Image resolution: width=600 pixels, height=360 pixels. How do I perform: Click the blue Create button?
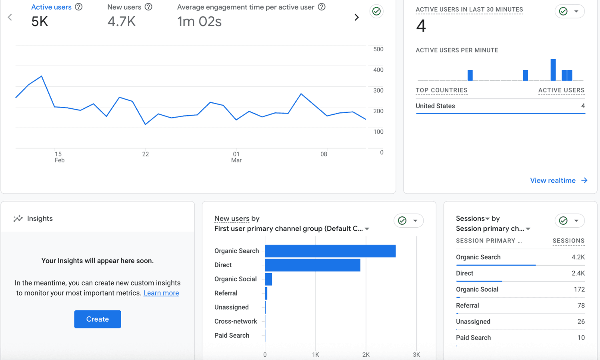(x=98, y=319)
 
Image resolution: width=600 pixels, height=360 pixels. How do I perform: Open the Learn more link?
(x=161, y=293)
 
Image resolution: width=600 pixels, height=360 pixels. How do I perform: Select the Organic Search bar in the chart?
(x=330, y=251)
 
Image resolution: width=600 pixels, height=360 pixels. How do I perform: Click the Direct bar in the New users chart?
(x=312, y=265)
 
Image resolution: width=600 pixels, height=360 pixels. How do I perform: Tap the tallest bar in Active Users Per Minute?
(x=553, y=70)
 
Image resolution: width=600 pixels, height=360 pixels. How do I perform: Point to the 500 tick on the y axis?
(x=378, y=49)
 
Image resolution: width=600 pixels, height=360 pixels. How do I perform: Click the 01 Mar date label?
(x=236, y=157)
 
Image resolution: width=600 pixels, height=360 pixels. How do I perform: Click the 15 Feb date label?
(x=59, y=157)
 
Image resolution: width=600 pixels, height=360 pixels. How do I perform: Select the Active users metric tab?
(x=51, y=7)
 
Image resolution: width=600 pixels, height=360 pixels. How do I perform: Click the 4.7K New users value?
(x=122, y=22)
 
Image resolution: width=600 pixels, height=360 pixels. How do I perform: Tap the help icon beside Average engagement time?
(x=322, y=7)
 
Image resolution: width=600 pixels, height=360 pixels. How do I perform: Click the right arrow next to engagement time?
(x=356, y=17)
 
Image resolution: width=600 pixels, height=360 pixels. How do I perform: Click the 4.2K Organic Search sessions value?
(x=578, y=257)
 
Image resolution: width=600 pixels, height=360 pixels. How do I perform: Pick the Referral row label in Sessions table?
(x=467, y=306)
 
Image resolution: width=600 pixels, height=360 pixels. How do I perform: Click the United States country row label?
(x=435, y=106)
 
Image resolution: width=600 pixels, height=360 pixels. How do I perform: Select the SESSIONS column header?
(x=568, y=241)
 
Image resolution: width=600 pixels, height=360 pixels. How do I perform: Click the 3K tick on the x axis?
(x=416, y=355)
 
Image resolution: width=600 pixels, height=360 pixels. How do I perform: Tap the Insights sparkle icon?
(x=18, y=218)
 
